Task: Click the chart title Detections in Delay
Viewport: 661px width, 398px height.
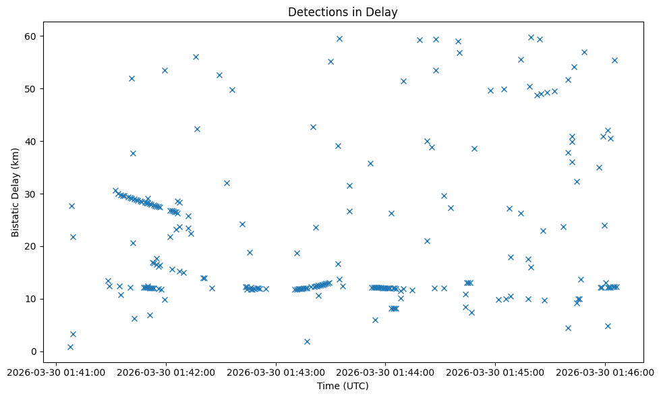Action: (343, 12)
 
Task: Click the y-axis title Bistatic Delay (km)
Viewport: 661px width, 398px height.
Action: (16, 192)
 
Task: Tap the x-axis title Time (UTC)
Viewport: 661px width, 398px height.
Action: (343, 386)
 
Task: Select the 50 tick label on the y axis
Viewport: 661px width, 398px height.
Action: (31, 88)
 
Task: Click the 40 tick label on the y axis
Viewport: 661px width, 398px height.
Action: (31, 141)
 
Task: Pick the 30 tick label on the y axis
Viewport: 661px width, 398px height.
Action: (31, 194)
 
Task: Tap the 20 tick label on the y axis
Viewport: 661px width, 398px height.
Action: (31, 246)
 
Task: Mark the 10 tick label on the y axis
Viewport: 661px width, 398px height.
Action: (31, 299)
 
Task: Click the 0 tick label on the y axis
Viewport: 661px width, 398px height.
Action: (34, 351)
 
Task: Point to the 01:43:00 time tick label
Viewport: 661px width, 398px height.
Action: (276, 372)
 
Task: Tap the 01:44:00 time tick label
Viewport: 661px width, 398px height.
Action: (386, 372)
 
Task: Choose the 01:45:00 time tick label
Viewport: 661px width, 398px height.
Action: (496, 372)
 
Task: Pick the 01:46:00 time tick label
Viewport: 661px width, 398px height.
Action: (605, 372)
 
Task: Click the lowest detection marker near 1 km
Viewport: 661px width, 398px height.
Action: (70, 347)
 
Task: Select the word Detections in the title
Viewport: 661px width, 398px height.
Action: (314, 12)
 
